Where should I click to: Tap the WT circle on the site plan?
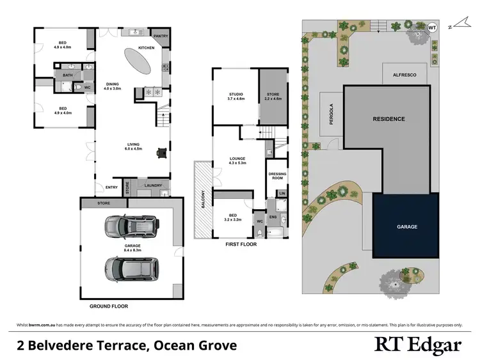tap(432, 27)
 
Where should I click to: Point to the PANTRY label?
tap(161, 36)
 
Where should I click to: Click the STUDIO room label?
tap(236, 95)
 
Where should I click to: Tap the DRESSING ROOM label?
tap(276, 176)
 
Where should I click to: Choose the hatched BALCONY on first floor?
tap(204, 200)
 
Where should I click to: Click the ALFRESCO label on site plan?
tap(404, 75)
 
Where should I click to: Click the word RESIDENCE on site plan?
tap(389, 119)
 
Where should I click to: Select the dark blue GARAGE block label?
tap(406, 226)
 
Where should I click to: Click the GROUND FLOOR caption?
tap(109, 306)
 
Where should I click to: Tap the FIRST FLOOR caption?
tap(241, 244)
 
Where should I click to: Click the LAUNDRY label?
tap(153, 186)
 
